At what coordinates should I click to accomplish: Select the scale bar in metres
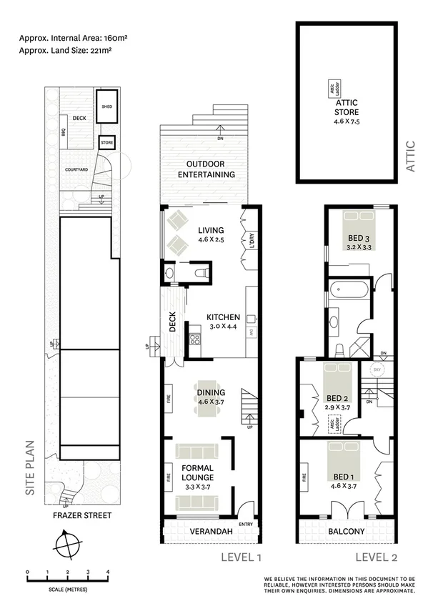(66, 575)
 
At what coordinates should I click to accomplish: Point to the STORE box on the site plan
(106, 142)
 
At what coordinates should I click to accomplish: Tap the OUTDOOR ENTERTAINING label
(206, 169)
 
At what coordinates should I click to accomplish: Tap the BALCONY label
(347, 531)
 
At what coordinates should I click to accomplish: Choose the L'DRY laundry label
(252, 242)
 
